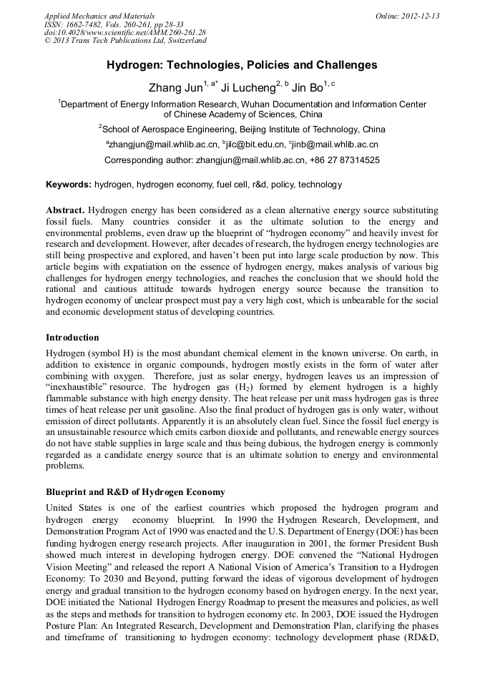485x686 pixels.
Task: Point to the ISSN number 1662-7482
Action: [85, 24]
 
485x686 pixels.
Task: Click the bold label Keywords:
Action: [69, 185]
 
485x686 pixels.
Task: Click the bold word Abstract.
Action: [65, 211]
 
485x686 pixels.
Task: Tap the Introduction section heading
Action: [72, 337]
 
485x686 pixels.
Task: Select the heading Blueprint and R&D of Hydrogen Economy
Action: [135, 492]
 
